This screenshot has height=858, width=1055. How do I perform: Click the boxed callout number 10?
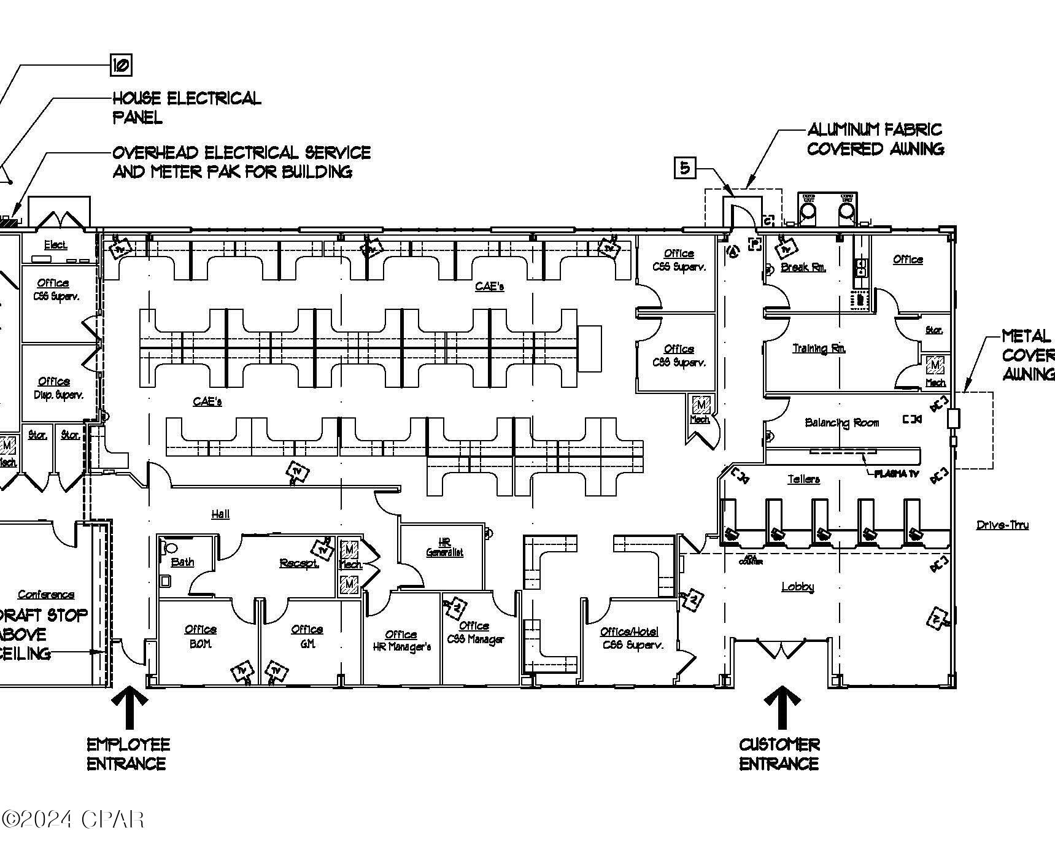(x=121, y=65)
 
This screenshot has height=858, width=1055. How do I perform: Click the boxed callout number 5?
(x=685, y=168)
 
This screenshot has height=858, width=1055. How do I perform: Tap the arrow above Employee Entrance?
(x=129, y=706)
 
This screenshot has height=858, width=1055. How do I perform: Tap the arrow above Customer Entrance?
(x=781, y=706)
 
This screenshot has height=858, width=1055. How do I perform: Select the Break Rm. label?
(x=803, y=268)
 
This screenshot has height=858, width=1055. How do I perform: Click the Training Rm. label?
(x=819, y=348)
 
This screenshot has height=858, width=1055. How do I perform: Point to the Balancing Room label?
(x=841, y=423)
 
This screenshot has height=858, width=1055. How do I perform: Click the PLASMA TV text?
(x=896, y=474)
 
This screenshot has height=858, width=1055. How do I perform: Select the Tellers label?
(x=803, y=479)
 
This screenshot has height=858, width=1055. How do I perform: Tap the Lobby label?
(x=797, y=587)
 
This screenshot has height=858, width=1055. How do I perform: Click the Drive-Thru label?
(x=1002, y=525)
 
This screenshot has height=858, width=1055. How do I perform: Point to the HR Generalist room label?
(x=445, y=547)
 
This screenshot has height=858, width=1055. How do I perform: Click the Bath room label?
(x=182, y=562)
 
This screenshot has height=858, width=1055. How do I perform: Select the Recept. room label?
(x=299, y=563)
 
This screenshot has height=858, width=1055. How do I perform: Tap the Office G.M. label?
(x=307, y=636)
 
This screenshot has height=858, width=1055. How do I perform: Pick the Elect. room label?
(x=55, y=245)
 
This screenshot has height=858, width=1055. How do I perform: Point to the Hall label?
(x=220, y=514)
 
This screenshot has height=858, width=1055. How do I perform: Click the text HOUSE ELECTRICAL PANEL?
(x=186, y=107)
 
